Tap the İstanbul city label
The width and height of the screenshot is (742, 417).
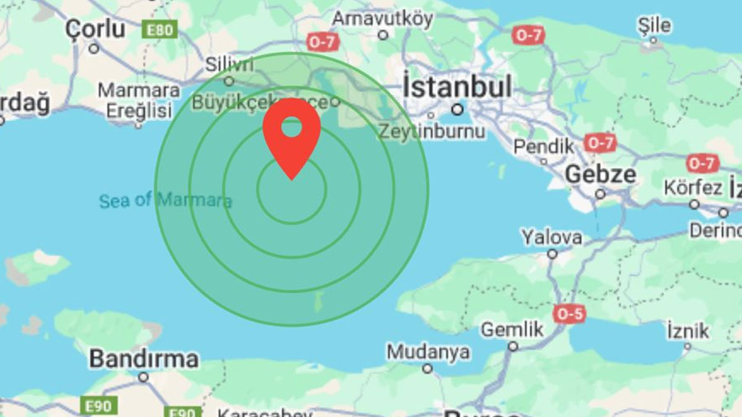(x=458, y=87)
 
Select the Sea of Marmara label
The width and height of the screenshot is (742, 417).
(x=165, y=200)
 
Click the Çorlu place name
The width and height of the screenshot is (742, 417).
(x=95, y=28)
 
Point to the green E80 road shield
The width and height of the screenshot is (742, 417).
(x=160, y=28)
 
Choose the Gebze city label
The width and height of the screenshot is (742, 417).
(x=600, y=175)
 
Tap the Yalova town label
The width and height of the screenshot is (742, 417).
(x=552, y=237)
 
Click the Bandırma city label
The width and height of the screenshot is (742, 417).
(x=144, y=358)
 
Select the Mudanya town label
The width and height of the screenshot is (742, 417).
(x=428, y=352)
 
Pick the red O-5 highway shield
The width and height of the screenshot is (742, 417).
(x=569, y=314)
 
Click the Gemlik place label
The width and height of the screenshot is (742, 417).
(x=512, y=329)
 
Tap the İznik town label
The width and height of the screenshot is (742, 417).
(x=688, y=331)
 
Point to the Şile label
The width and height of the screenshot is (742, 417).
(x=654, y=25)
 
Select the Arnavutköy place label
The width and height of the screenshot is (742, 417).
(x=383, y=19)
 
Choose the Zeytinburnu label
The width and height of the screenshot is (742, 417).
(x=432, y=132)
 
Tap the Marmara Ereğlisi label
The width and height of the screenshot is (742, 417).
(x=139, y=101)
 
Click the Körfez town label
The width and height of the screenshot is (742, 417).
(x=693, y=187)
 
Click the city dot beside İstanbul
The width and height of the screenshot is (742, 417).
(x=458, y=109)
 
